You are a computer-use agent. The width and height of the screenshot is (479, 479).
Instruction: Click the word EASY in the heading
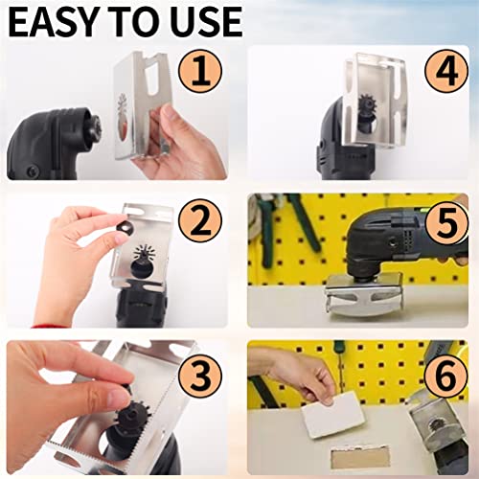tap(57, 22)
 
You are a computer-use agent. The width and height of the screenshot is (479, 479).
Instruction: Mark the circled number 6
tap(445, 376)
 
